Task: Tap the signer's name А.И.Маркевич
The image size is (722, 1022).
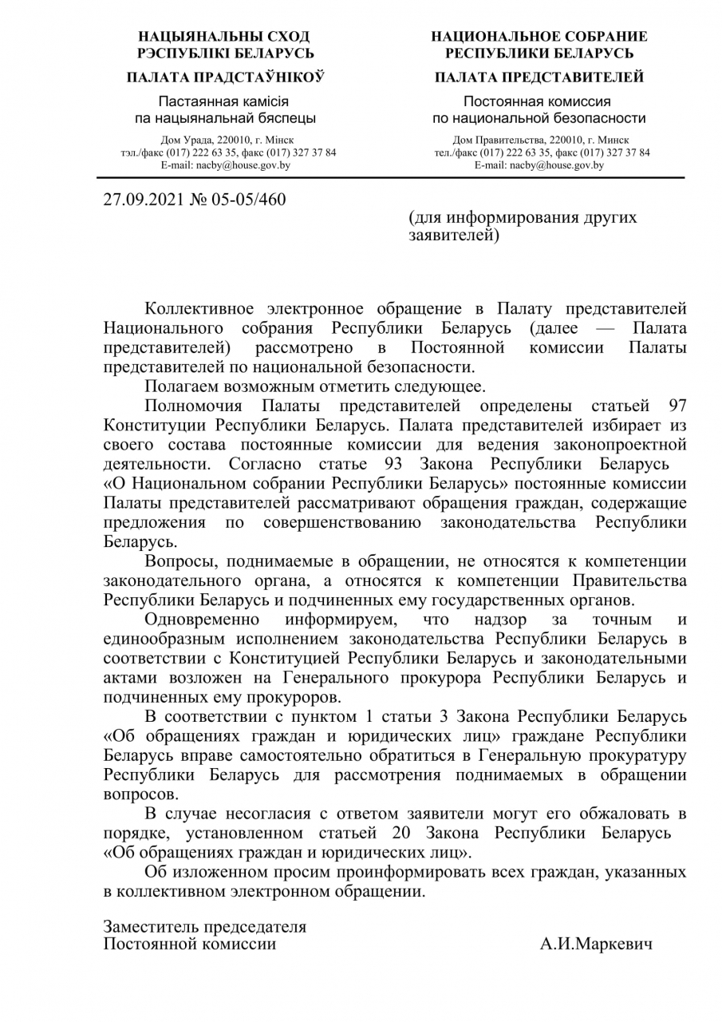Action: pos(596,945)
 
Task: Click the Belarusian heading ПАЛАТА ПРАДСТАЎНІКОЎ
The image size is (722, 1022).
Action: pos(225,77)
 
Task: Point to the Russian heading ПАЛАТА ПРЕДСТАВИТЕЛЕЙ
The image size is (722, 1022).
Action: pos(539,77)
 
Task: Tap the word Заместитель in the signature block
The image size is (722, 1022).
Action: pos(149,927)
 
